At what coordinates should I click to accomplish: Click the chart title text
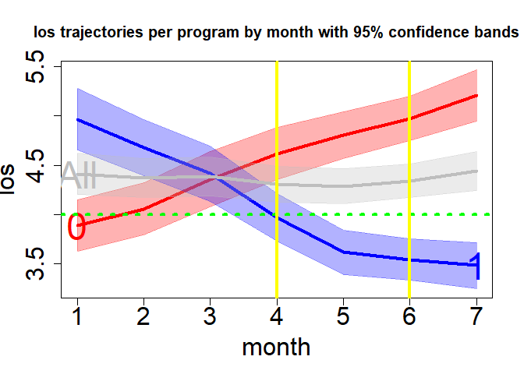275,34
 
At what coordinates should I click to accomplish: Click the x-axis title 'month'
276,347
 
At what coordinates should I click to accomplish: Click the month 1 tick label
77,318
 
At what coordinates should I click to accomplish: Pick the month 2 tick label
143,318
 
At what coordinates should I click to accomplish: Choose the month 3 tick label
210,318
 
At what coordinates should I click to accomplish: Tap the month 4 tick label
277,318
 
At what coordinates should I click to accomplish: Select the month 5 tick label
343,318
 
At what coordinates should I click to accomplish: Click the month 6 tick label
409,318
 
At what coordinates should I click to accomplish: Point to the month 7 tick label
476,318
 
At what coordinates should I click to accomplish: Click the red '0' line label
76,228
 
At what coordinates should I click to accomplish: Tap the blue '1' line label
476,266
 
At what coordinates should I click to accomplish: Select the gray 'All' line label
78,176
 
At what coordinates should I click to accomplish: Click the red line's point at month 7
476,95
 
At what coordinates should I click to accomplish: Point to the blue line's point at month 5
343,252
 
